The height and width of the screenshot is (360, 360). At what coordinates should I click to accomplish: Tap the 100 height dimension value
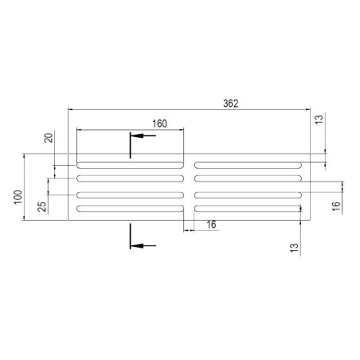coord(18,196)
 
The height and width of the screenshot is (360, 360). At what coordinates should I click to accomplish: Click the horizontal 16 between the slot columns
coord(211,225)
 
